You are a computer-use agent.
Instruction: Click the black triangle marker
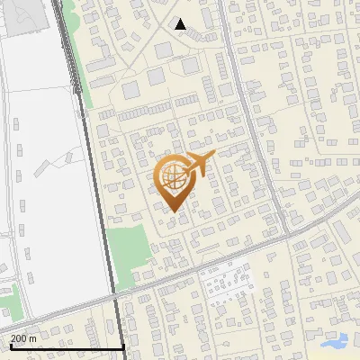pyautogui.click(x=181, y=24)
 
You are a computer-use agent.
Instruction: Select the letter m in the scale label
pyautogui.click(x=33, y=338)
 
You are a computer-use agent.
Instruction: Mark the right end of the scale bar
pyautogui.click(x=123, y=346)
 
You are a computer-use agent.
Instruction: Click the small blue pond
pyautogui.click(x=335, y=342)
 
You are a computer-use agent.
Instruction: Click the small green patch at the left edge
pyautogui.click(x=7, y=292)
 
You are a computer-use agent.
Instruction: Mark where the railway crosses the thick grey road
pyautogui.click(x=116, y=296)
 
